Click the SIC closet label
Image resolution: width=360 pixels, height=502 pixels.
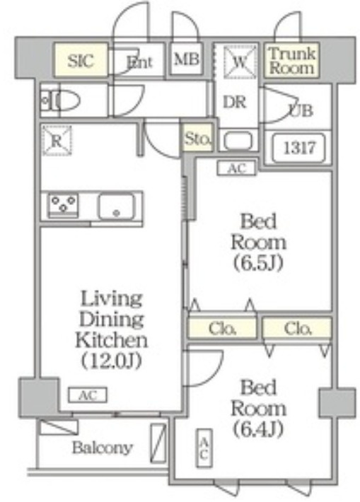[x=81, y=60]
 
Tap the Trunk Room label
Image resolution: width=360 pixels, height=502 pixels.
[x=292, y=61]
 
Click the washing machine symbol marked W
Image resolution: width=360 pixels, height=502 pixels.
[x=240, y=62]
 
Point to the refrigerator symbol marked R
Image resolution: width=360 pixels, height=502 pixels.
[x=57, y=140]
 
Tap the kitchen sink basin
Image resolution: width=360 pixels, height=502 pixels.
[x=116, y=207]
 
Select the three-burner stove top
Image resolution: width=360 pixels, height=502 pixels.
[x=63, y=205]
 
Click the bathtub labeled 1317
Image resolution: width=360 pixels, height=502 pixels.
[x=298, y=148]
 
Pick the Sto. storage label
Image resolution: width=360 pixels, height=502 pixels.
[x=197, y=139]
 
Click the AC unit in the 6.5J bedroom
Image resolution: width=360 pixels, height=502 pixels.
[x=237, y=168]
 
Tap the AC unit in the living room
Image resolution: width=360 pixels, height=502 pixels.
[x=88, y=395]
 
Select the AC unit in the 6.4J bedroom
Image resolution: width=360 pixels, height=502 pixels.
[x=204, y=448]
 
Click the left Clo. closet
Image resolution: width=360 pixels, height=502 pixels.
[x=222, y=327]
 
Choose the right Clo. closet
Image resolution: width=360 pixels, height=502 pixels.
[x=297, y=327]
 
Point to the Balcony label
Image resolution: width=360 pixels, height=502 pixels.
[x=102, y=448]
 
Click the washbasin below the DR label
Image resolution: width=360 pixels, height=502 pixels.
[x=238, y=140]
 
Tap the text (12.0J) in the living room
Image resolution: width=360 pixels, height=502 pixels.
[x=111, y=361]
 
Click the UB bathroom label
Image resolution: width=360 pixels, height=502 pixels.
[x=301, y=110]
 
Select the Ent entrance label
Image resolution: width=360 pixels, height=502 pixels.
[x=139, y=62]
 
